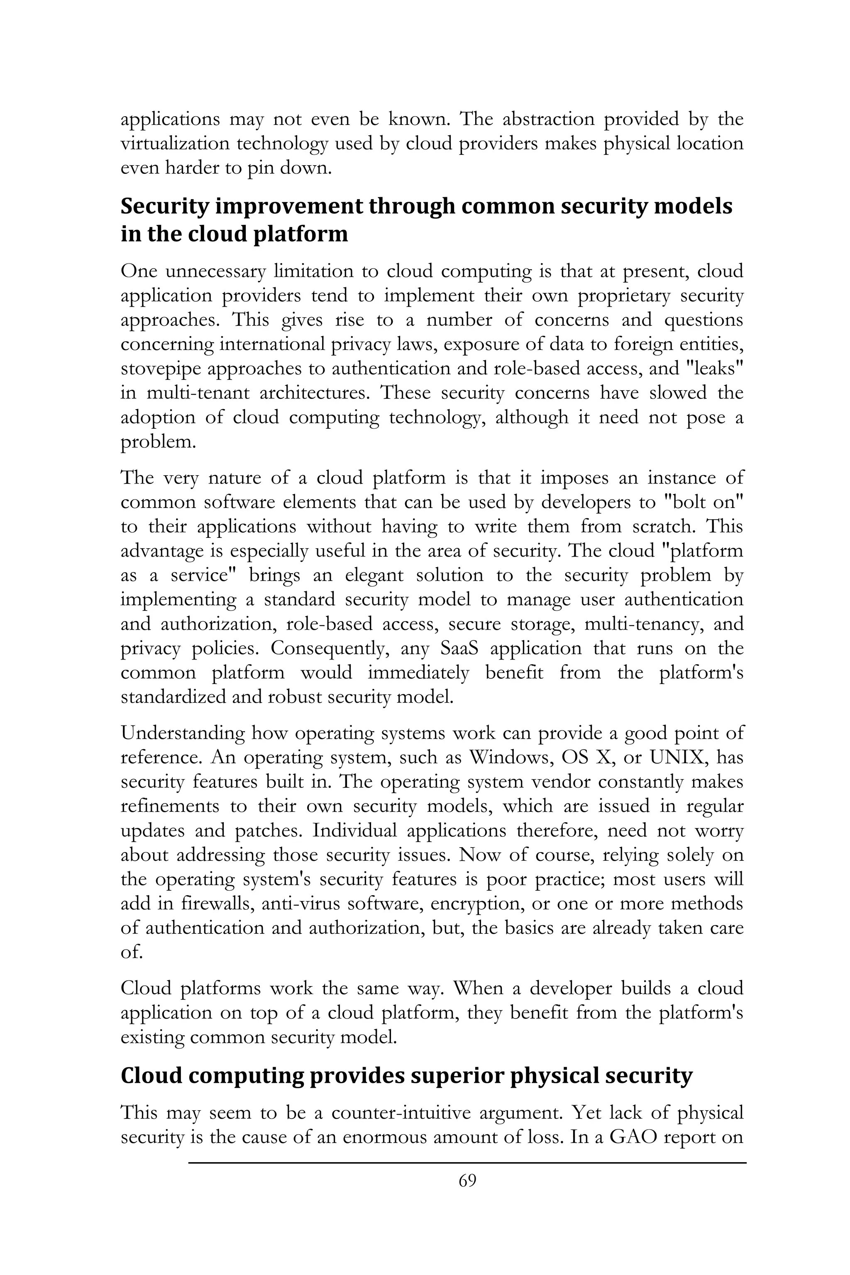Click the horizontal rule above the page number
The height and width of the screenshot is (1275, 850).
pyautogui.click(x=467, y=1162)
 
